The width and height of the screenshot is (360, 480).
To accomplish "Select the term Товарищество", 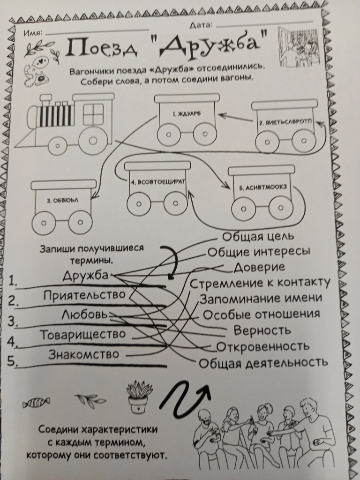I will click(82, 334).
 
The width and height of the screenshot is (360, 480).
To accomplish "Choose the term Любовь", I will click(82, 314).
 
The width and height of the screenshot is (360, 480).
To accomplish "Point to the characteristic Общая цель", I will click(258, 236).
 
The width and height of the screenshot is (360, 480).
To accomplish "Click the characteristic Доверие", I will click(259, 267).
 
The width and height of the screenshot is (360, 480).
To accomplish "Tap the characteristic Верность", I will click(262, 330).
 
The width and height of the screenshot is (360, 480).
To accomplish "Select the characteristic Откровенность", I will click(262, 346).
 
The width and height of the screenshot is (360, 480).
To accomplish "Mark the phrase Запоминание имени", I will click(261, 298).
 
